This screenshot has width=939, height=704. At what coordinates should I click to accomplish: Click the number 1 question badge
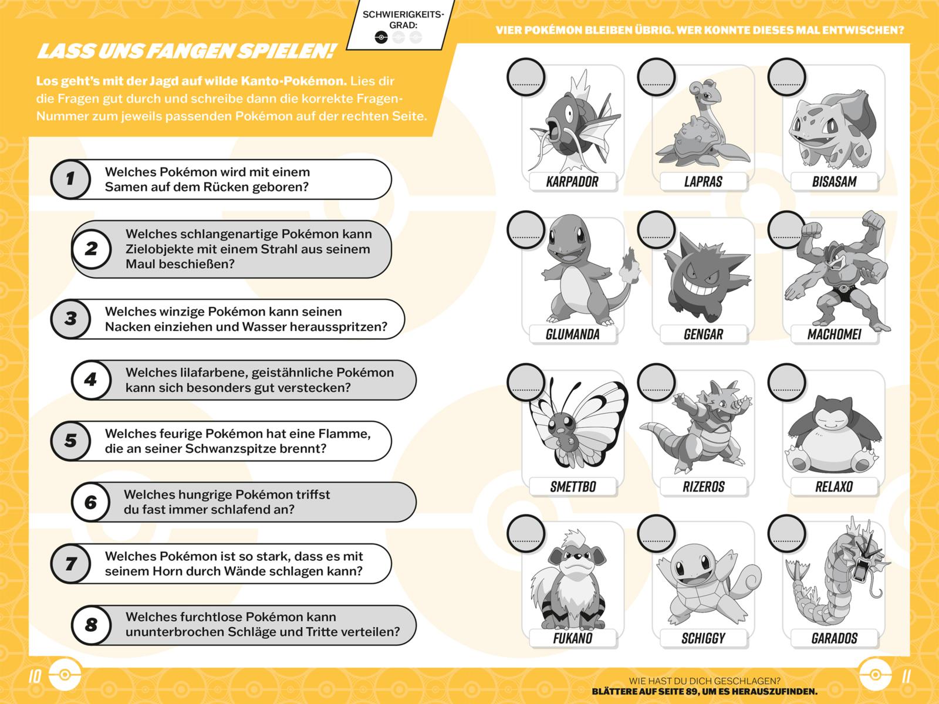[x=70, y=179]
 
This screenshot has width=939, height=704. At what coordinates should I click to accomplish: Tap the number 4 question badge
[x=91, y=380]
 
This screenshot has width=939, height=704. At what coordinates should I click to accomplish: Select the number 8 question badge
[x=91, y=625]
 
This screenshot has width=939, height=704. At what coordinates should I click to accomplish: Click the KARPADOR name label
[x=572, y=182]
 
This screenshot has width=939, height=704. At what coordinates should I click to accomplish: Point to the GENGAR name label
[x=703, y=334]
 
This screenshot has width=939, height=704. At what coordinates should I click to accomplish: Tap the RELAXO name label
[x=834, y=486]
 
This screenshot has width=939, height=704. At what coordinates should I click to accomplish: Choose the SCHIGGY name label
[x=703, y=638]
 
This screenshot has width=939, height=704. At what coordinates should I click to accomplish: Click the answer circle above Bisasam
[x=787, y=77]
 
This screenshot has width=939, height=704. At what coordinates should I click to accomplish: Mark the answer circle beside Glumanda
[x=526, y=230]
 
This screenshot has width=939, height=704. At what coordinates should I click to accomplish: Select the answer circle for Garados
[x=787, y=534]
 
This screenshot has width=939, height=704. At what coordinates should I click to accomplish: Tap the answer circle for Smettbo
[x=526, y=383]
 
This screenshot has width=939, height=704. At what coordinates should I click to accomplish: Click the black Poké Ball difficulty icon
[x=381, y=38]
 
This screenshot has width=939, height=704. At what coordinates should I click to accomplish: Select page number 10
[x=35, y=676]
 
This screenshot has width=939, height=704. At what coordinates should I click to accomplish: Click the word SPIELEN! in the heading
[x=286, y=51]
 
